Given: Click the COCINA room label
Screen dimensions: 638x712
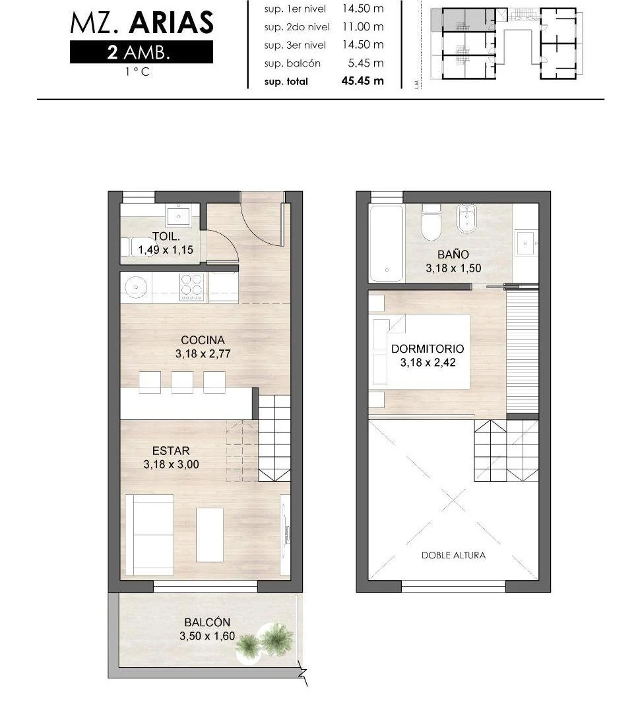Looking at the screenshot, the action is pos(203,340).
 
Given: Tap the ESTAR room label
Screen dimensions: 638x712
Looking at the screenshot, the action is pos(171,451).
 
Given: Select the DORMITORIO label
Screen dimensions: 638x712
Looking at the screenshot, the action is pos(428,349).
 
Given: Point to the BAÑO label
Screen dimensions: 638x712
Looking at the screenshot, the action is pos(453,254).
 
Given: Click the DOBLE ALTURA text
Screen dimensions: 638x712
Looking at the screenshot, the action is pos(453,555).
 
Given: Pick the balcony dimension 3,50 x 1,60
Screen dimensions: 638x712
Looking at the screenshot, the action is pos(207,636).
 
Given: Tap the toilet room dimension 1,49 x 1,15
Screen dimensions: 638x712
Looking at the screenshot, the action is pos(166,250).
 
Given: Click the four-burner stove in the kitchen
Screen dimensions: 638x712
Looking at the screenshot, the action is pos(191,287).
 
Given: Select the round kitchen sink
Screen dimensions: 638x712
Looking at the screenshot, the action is pos(136,287).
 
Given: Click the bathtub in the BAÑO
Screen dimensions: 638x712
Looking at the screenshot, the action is pos(386,244).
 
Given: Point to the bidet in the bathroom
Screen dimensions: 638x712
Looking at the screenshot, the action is pos(466,219).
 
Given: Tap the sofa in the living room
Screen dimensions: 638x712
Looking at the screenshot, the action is pos(150,535).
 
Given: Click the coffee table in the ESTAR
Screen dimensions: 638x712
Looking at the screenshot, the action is pos(210,535).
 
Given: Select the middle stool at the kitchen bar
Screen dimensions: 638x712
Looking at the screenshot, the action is pos(182,382).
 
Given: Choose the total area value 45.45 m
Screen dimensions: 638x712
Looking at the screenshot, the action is pos(363,81).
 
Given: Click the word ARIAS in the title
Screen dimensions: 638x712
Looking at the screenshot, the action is pos(172,22).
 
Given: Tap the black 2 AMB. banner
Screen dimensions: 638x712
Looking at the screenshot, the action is pos(141,52).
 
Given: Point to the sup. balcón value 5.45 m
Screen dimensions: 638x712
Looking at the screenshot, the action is pos(363,63).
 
